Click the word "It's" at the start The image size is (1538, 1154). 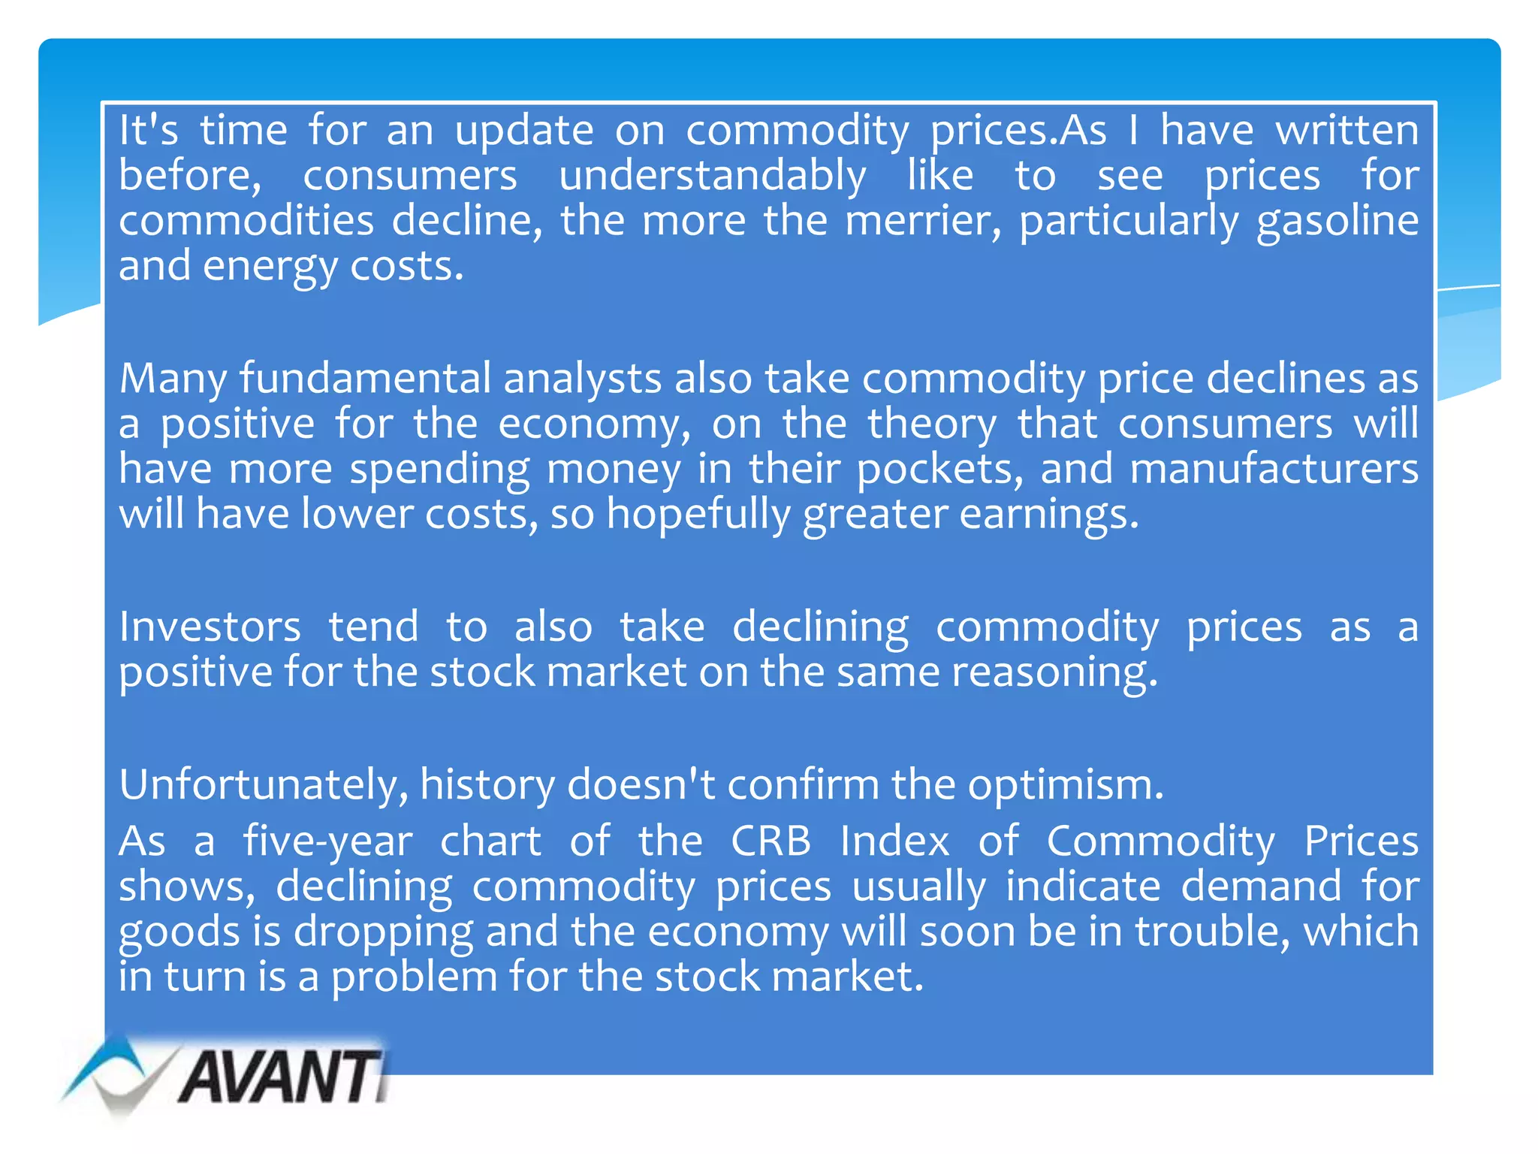[x=149, y=130]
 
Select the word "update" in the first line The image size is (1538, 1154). [x=524, y=131]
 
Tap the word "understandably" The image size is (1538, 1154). [x=713, y=177]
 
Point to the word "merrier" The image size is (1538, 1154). [x=923, y=221]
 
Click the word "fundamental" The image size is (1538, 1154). [x=365, y=378]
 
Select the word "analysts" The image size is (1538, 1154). [x=582, y=379]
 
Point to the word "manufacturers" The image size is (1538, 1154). [x=1274, y=469]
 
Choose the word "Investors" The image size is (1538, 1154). [x=210, y=627]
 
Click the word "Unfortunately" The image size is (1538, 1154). [x=264, y=785]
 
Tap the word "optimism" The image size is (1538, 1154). [x=1065, y=786]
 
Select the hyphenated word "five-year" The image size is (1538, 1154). [x=327, y=841]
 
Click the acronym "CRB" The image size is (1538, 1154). [x=771, y=841]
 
